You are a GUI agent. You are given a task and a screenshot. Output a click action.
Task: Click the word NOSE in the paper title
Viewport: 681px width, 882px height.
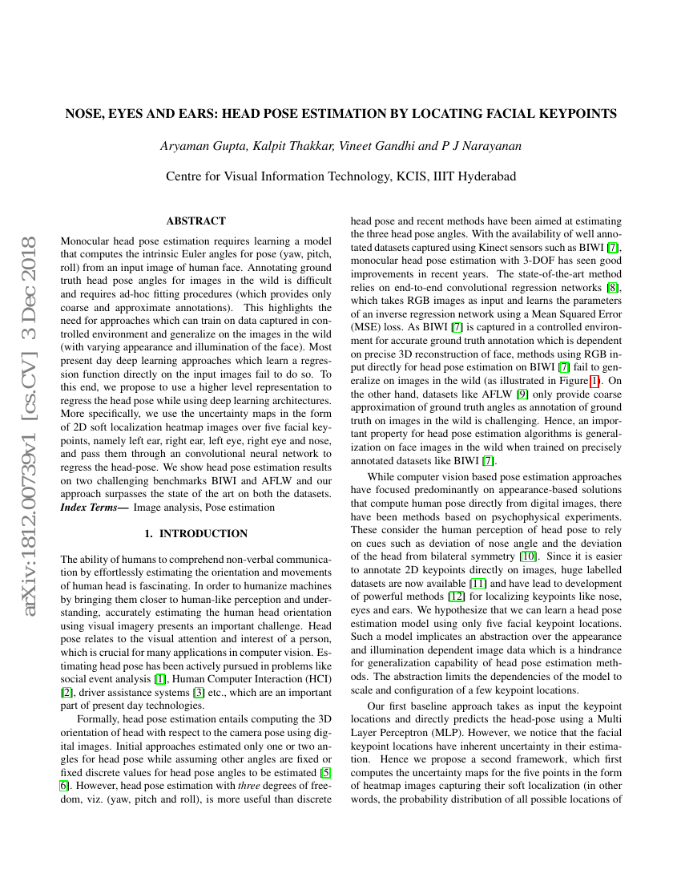83,114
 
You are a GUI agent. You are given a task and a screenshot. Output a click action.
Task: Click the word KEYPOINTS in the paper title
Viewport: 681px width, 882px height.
570,114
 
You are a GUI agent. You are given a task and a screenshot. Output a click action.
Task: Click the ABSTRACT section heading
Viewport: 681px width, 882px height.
195,220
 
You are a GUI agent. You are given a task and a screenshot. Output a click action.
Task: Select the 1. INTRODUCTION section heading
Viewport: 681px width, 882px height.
195,533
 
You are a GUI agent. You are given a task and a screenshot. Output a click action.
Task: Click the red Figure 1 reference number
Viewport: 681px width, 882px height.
594,381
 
